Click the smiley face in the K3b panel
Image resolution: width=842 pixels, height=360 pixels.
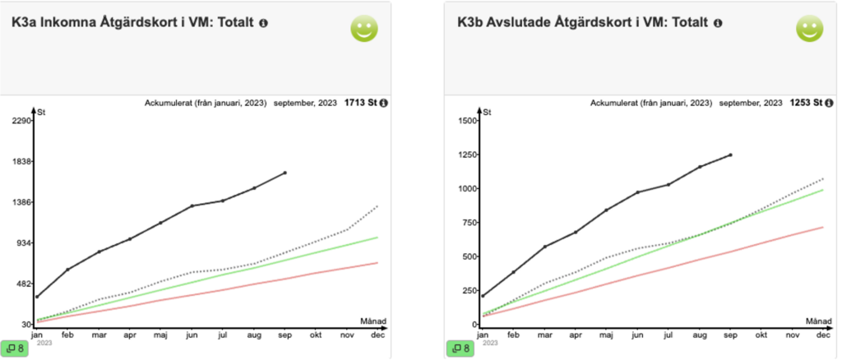(x=808, y=30)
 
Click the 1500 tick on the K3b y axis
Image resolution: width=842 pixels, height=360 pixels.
(x=466, y=121)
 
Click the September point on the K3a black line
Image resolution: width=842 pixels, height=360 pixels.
(x=285, y=173)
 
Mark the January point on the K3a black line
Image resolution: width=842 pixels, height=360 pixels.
(x=37, y=297)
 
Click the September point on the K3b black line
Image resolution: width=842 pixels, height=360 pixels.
(x=730, y=155)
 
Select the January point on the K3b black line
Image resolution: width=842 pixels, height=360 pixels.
(x=483, y=296)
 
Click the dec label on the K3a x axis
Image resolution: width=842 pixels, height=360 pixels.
(x=378, y=335)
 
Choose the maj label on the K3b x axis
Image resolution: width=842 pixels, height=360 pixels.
(x=606, y=335)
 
